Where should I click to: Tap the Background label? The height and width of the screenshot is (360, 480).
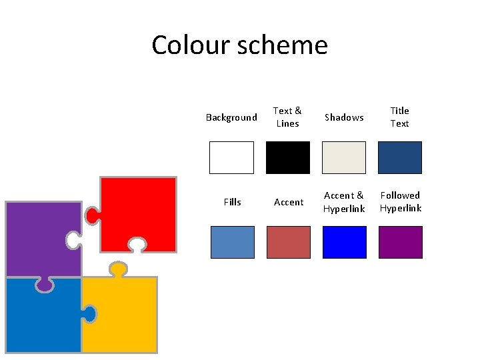click(x=231, y=117)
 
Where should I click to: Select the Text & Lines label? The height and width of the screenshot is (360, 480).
click(x=287, y=117)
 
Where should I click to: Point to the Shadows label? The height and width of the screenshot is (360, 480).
click(x=344, y=117)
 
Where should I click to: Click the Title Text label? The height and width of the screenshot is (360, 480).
click(x=399, y=117)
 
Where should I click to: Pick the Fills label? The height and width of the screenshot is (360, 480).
click(x=232, y=202)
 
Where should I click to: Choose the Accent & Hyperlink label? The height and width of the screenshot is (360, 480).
click(x=344, y=201)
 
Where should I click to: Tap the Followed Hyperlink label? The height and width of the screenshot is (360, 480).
click(x=400, y=201)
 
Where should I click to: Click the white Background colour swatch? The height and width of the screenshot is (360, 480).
click(x=232, y=157)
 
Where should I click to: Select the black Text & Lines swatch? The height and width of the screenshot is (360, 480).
click(x=288, y=157)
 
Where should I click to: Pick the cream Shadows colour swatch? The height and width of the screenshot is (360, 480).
click(x=344, y=157)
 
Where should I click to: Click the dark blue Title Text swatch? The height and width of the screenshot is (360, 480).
click(x=400, y=157)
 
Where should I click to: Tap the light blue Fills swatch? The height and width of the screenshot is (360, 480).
click(x=232, y=242)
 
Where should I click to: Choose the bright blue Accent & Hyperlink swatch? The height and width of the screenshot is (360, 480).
click(x=344, y=242)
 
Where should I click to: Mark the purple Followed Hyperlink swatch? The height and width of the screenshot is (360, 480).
click(x=400, y=242)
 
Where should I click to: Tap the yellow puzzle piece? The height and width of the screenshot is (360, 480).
click(x=120, y=313)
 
